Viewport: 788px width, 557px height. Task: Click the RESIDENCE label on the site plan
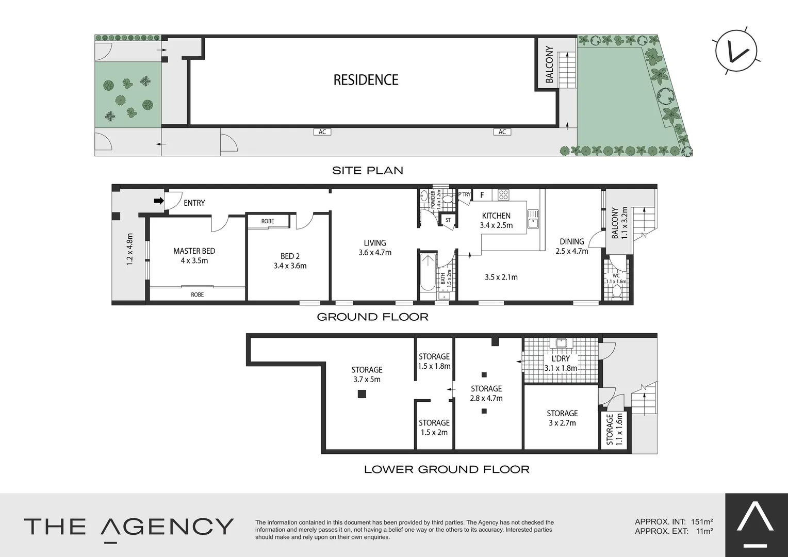pyautogui.click(x=366, y=80)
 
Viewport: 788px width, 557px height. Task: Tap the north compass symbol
pyautogui.click(x=736, y=52)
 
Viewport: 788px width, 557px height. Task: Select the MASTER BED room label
pyautogui.click(x=194, y=251)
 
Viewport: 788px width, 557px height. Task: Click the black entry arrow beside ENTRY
pyautogui.click(x=159, y=201)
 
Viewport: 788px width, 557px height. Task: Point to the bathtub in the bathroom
pyautogui.click(x=428, y=272)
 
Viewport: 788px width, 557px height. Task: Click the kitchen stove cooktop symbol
pyautogui.click(x=503, y=195)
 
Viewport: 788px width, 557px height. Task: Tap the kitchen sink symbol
pyautogui.click(x=533, y=219)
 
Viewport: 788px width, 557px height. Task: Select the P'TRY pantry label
pyautogui.click(x=464, y=194)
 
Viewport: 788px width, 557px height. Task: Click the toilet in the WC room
pyautogui.click(x=616, y=292)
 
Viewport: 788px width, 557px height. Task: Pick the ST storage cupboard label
pyautogui.click(x=448, y=220)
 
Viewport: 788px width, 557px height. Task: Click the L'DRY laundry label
pyautogui.click(x=561, y=358)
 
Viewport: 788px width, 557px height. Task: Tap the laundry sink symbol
pyautogui.click(x=561, y=342)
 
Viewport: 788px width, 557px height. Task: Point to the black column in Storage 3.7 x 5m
pyautogui.click(x=362, y=394)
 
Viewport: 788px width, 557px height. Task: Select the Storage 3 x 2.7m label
pyautogui.click(x=562, y=418)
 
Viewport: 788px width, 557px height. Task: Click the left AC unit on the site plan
pyautogui.click(x=322, y=132)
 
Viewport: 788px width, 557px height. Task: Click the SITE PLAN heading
pyautogui.click(x=368, y=171)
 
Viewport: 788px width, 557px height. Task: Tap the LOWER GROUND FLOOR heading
pyautogui.click(x=447, y=469)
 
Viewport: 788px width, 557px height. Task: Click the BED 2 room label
pyautogui.click(x=290, y=256)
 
